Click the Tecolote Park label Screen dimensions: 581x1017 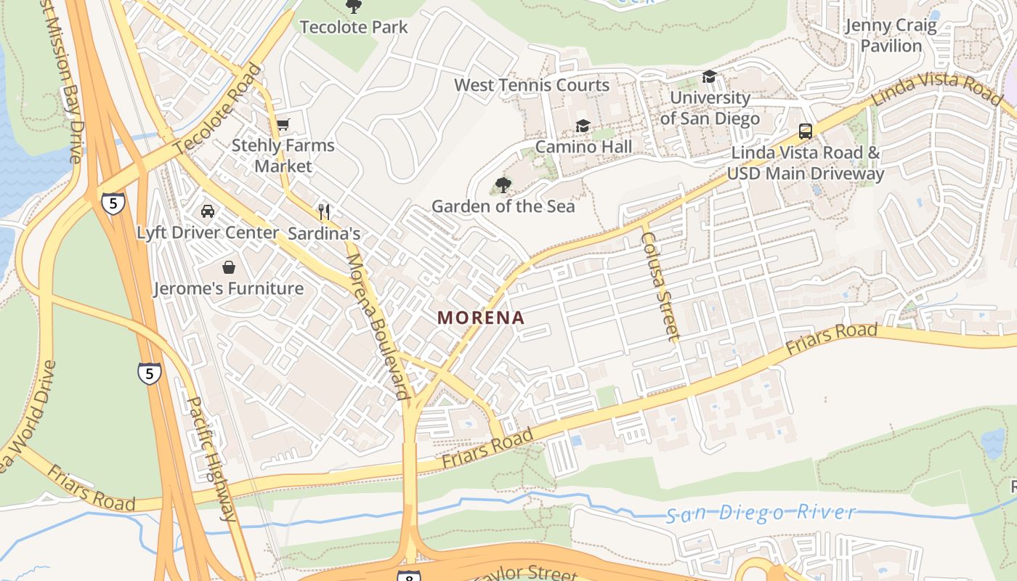click(x=354, y=28)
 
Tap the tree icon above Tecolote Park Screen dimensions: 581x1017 click(x=354, y=7)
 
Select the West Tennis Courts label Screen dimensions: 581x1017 click(x=532, y=85)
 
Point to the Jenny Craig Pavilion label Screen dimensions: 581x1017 click(x=891, y=36)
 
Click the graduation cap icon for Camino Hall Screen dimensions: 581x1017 click(x=583, y=126)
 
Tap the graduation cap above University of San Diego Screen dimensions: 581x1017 click(x=709, y=76)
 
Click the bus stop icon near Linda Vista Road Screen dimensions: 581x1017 click(x=805, y=131)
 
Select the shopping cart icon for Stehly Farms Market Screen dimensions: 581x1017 click(x=283, y=124)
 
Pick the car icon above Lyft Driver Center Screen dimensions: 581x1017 click(x=208, y=211)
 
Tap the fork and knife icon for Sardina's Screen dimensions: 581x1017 click(x=324, y=212)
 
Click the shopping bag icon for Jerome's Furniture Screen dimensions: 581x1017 click(x=229, y=267)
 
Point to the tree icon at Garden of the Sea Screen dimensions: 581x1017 click(x=503, y=185)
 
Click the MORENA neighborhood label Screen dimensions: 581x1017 click(x=480, y=317)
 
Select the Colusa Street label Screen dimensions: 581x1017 click(x=660, y=286)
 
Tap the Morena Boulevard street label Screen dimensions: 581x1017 click(x=375, y=326)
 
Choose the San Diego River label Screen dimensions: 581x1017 click(x=761, y=513)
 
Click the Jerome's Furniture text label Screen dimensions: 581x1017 click(x=229, y=288)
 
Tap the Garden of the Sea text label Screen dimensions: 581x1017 click(x=503, y=206)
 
